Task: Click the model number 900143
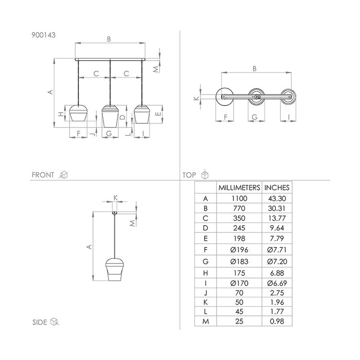pos(43,35)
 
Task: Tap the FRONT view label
pos(43,175)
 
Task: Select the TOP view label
pos(189,175)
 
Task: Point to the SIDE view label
pos(40,322)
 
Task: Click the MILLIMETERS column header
pos(239,188)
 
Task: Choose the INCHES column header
pos(277,188)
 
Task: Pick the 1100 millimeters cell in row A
pos(239,199)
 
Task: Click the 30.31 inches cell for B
pos(277,208)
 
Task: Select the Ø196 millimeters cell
pos(239,249)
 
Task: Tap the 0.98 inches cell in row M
pos(277,321)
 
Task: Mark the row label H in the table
pos(206,273)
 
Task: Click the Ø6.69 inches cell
pos(277,283)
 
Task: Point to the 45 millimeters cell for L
pos(239,312)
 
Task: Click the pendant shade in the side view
pos(115,269)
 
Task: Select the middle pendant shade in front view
pos(110,116)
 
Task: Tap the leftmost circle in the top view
pos(225,97)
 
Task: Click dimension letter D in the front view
pos(123,117)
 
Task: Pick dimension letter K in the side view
pos(116,197)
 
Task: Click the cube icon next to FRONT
pos(63,175)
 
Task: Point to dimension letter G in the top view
pos(255,117)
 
